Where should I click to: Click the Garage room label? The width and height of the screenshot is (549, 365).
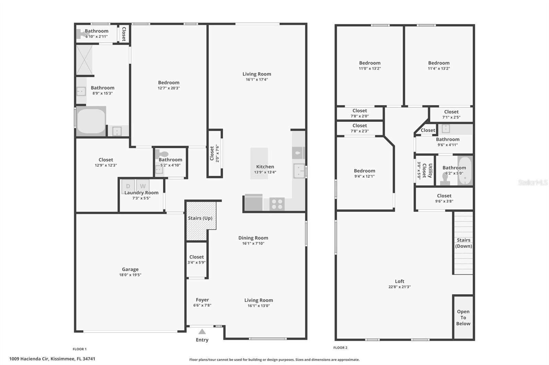pos(130,269)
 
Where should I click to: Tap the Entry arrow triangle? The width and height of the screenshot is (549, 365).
pos(202,331)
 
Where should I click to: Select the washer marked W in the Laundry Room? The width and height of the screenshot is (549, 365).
pos(143,186)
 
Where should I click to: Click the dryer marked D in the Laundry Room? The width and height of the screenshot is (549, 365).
pos(128,186)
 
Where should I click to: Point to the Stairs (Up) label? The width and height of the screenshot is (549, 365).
pos(200,218)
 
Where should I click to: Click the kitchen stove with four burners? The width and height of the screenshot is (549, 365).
pos(277,204)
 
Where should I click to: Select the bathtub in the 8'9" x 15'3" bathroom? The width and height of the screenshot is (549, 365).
pos(91,121)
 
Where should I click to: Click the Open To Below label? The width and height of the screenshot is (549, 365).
pos(463,317)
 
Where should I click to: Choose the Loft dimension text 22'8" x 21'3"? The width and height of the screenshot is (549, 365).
pos(399,287)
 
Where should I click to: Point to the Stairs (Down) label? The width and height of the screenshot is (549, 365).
pos(464,243)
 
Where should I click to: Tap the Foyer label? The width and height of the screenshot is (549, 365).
pos(202,300)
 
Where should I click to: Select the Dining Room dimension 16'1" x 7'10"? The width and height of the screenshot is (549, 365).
pos(253,243)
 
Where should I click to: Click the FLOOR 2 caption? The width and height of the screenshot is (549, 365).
pos(340,348)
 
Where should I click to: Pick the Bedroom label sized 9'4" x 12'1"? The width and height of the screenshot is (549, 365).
pos(364,171)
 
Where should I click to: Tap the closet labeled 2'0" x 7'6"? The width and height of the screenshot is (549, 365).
pos(214,153)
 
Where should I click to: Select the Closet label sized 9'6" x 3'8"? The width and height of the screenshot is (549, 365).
pos(444,196)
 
